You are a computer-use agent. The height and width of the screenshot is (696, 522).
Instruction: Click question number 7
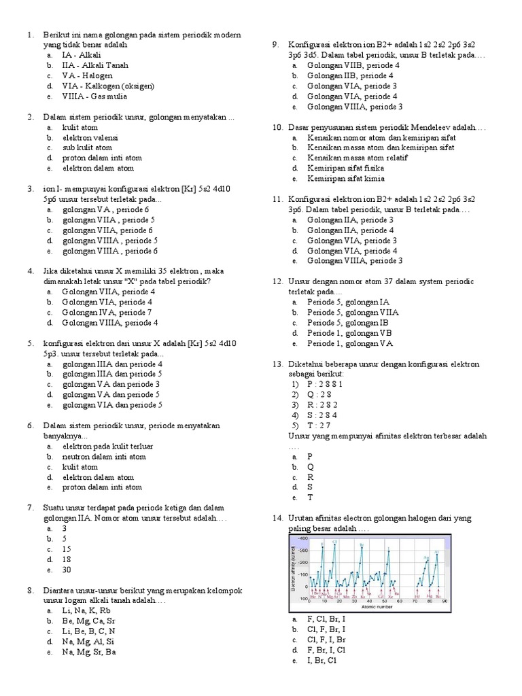29,508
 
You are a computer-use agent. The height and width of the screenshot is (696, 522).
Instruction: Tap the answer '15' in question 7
67,549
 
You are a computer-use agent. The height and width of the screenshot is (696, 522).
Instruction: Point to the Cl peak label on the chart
334,542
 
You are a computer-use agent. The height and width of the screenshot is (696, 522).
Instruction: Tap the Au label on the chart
425,557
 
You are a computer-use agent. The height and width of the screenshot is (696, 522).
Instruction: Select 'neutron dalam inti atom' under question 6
104,457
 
